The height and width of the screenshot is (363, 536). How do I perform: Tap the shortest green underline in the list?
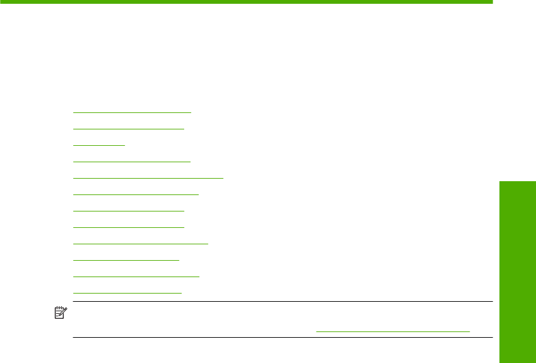click(99, 145)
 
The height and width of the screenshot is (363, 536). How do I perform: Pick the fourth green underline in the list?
click(132, 162)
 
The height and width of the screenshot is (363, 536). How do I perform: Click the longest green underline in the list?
click(148, 178)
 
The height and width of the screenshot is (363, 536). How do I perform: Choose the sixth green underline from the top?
click(136, 194)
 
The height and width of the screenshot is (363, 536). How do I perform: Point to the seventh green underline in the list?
click(129, 211)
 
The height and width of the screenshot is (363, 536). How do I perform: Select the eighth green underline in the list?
click(129, 227)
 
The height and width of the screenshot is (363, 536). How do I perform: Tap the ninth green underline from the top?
click(141, 243)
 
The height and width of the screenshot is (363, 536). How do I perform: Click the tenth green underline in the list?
click(126, 259)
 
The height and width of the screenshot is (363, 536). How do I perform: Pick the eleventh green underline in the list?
click(136, 276)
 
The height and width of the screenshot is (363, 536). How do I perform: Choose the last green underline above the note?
click(127, 292)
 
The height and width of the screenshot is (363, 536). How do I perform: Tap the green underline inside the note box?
click(393, 331)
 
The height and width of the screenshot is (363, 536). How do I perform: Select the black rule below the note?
click(282, 338)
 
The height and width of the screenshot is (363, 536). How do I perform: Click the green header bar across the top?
click(246, 2)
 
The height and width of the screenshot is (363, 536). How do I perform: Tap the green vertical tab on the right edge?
click(517, 271)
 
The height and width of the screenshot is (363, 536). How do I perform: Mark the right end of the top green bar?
click(490, 2)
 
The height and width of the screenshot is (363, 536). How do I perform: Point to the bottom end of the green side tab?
click(517, 360)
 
